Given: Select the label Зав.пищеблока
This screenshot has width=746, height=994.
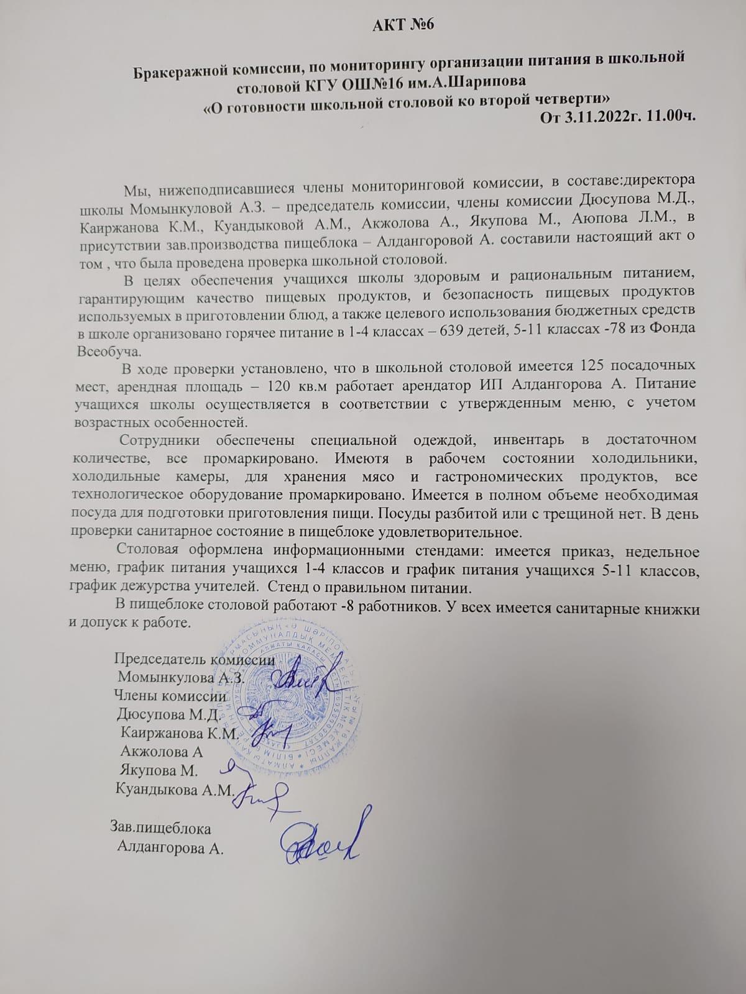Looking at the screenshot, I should pos(160,828).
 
